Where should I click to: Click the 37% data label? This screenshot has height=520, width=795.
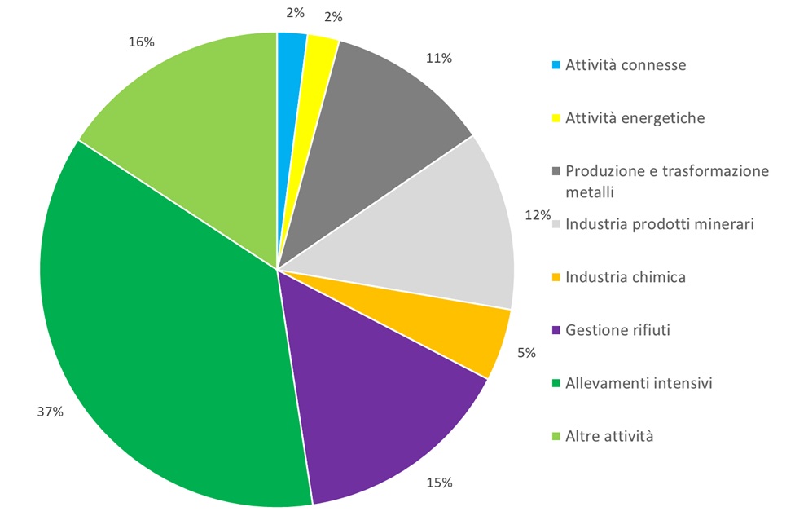coord(51,412)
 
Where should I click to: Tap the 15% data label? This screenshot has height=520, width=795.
coord(439,483)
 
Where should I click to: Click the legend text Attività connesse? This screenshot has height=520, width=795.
coord(626,65)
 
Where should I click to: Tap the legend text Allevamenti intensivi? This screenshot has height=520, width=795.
coord(639,383)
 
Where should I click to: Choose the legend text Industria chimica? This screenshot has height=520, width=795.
coord(625,277)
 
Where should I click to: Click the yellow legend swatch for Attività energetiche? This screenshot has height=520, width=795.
coord(556,119)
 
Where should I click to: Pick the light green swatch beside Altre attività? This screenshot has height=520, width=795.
coord(556,437)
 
